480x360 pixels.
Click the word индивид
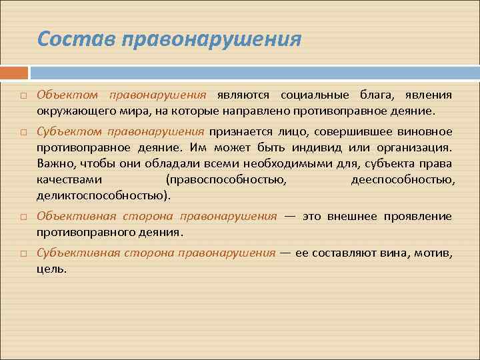pyautogui.click(x=357, y=147)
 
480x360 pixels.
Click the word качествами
pyautogui.click(x=70, y=180)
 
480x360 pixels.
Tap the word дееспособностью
pyautogui.click(x=403, y=180)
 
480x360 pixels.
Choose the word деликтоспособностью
pyautogui.click(x=102, y=196)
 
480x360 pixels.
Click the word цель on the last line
pyautogui.click(x=51, y=269)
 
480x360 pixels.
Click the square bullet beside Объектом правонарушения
pyautogui.click(x=23, y=97)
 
